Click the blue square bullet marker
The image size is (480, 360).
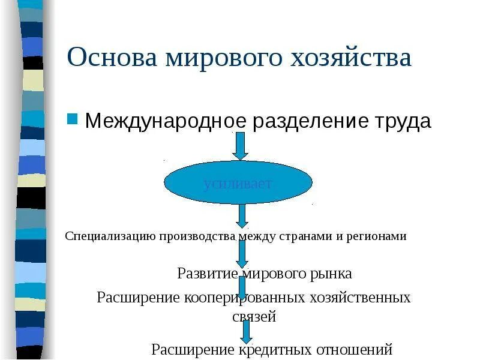pos(73,118)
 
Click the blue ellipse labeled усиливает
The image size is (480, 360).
pos(238,182)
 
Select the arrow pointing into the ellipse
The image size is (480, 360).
pos(240,146)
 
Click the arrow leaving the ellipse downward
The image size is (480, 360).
pos(242,215)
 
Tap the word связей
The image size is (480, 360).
pos(254,317)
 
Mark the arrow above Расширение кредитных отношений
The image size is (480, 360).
pos(246,331)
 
